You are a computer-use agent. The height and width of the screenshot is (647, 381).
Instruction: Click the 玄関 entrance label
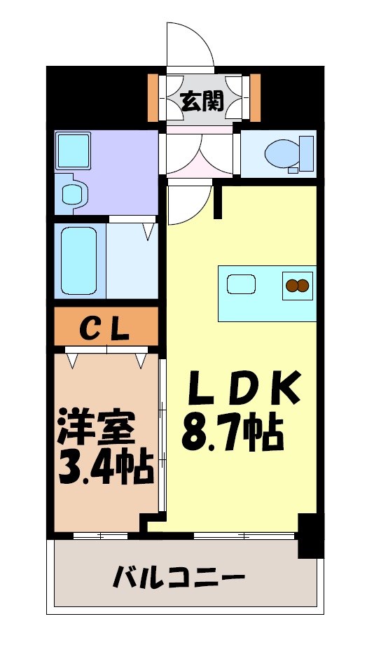click(202, 102)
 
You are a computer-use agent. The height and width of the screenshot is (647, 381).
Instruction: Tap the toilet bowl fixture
click(282, 151)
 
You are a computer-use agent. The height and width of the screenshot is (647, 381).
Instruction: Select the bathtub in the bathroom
click(78, 260)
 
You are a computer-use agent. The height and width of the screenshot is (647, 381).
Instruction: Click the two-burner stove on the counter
click(297, 285)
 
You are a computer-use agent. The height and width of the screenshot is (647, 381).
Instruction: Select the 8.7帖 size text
click(233, 434)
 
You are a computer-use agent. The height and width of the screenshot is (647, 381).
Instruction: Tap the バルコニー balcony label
click(179, 578)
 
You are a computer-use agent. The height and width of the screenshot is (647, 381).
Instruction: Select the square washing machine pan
click(72, 148)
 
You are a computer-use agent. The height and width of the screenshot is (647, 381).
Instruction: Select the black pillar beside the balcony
click(307, 536)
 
